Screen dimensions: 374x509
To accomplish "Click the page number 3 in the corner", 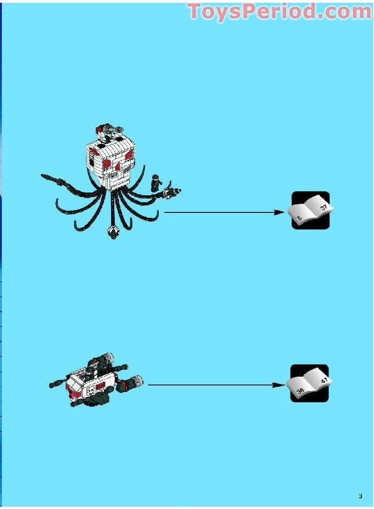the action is pos(361,496).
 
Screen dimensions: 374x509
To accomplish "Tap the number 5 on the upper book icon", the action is pos(299,217).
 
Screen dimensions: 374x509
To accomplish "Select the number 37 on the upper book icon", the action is pos(324,207).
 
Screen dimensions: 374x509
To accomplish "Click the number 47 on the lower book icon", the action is pos(324,380).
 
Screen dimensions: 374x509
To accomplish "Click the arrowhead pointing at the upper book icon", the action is pos(279,212).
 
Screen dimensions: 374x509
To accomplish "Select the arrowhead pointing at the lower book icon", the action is pos(278,385).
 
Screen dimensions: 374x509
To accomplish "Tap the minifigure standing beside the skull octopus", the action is pos(156,183).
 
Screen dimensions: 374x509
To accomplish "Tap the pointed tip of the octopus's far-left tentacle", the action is pos(42,176).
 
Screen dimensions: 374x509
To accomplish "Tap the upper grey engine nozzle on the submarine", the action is pos(108,357).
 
